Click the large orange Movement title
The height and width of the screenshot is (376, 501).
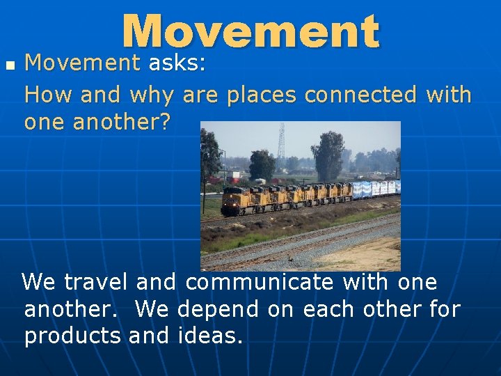point(250,32)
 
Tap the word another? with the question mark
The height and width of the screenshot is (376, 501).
point(127,122)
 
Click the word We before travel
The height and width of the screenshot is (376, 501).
point(38,282)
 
